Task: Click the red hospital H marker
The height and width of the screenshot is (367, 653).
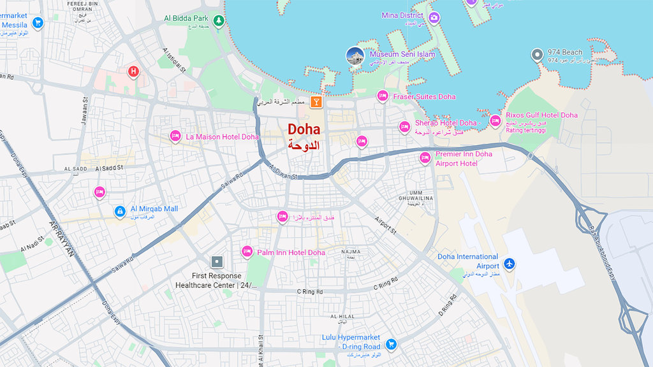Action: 133,71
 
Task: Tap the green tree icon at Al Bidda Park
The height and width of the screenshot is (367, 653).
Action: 219,20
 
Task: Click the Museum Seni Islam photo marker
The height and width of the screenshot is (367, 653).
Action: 355,56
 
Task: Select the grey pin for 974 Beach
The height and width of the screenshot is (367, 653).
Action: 537,55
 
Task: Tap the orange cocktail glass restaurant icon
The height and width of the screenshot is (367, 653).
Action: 316,102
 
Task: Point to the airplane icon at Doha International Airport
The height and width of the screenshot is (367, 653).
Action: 509,263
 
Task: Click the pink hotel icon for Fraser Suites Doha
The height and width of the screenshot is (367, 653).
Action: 383,96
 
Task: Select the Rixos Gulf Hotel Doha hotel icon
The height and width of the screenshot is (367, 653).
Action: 495,120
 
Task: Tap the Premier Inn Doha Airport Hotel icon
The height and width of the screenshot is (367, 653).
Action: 425,157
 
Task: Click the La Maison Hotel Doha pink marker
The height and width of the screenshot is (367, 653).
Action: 175,136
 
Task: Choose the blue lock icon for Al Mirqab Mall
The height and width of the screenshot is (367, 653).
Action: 119,211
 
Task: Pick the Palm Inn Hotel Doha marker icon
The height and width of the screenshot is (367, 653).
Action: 247,252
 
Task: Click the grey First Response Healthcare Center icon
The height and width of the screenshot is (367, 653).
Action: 217,262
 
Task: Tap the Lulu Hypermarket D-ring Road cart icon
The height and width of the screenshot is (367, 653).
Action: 392,344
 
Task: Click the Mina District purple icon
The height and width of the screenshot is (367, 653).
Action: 434,17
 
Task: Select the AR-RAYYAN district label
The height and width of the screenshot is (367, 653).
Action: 62,238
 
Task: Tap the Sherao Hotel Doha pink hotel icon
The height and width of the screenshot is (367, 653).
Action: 404,126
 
